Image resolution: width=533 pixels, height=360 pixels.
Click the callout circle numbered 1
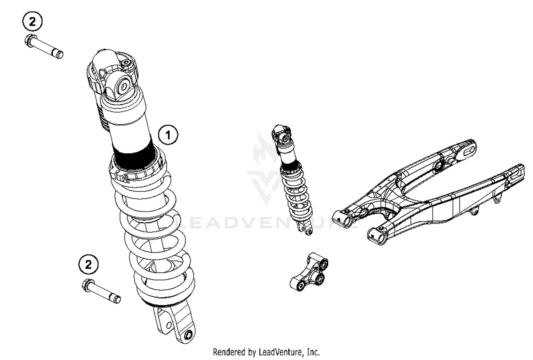168,135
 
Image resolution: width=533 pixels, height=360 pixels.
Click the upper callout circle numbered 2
32,22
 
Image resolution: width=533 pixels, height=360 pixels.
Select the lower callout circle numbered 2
88,264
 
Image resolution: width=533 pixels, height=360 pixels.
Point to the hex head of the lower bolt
87,285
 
